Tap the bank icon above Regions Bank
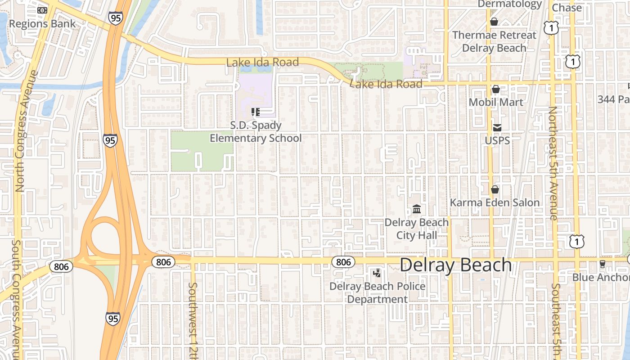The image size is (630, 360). click(x=42, y=10)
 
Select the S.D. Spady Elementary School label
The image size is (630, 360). click(x=256, y=132)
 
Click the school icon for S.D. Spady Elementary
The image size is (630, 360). click(x=256, y=112)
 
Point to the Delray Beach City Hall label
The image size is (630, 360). click(x=416, y=229)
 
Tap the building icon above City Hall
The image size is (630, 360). click(x=417, y=209)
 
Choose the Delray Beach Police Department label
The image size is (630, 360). click(x=377, y=292)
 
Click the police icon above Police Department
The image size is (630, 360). click(x=377, y=273)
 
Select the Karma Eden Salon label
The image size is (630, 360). click(x=495, y=202)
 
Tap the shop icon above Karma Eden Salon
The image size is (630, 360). click(x=495, y=189)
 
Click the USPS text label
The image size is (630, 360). click(x=497, y=140)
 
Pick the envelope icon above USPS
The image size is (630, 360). click(x=497, y=128)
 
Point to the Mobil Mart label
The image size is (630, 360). click(x=496, y=102)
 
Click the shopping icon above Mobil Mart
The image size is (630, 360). click(x=495, y=89)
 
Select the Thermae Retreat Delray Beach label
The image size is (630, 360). click(x=494, y=41)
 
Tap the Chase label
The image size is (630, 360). click(x=567, y=8)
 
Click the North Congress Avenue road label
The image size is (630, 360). click(x=20, y=130)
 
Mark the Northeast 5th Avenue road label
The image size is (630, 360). click(x=553, y=163)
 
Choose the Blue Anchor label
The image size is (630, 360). click(x=601, y=277)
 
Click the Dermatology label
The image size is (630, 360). click(x=509, y=4)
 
